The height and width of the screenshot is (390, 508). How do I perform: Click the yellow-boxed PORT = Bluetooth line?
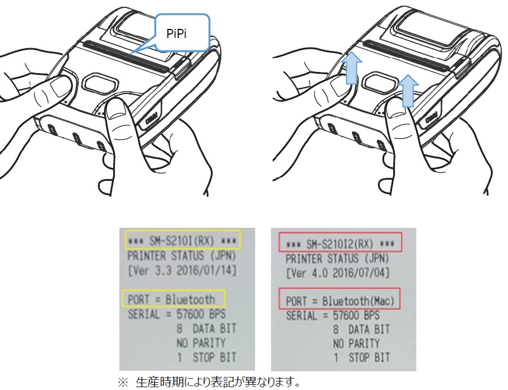(173, 298)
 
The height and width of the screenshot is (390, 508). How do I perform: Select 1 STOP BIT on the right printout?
(361, 358)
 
